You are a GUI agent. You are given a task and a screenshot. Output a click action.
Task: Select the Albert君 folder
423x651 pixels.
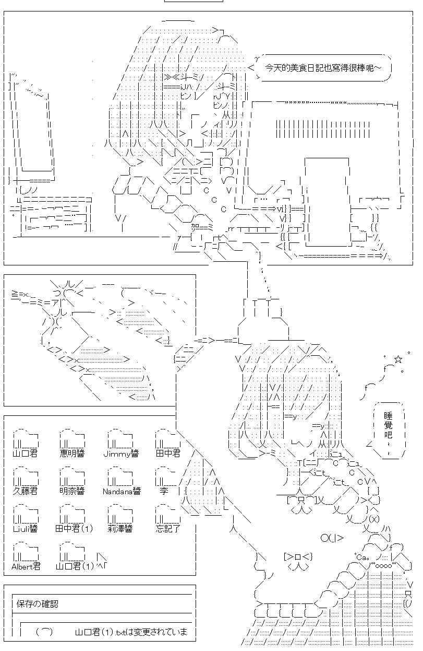point(25,553)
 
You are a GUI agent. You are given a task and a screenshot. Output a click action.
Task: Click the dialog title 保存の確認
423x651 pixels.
point(37,604)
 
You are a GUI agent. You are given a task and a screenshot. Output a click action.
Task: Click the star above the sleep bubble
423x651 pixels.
point(398,359)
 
